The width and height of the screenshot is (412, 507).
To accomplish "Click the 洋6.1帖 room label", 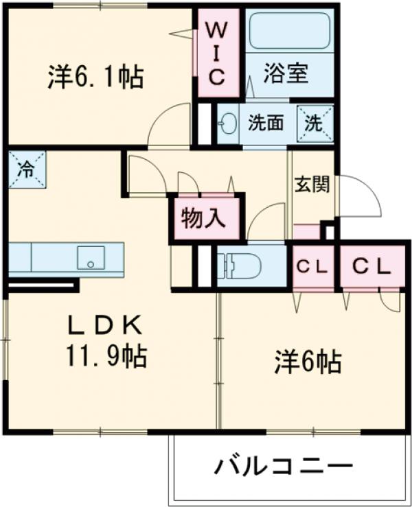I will (96, 77).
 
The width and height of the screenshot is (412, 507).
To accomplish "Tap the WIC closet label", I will (216, 53).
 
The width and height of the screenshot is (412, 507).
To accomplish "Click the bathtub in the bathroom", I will (288, 33).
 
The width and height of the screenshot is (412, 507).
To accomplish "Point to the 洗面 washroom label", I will (265, 124).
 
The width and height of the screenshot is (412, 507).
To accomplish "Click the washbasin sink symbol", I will (228, 126).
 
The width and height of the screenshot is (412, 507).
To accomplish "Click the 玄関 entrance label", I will (312, 185).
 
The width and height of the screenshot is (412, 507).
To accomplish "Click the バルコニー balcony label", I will (283, 468).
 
